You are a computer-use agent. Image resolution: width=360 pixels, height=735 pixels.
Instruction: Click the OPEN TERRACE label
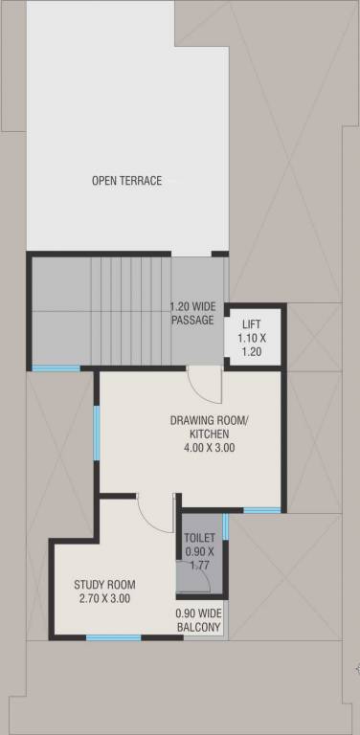click(126, 181)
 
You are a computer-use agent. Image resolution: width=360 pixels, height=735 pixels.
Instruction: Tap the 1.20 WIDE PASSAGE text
click(192, 314)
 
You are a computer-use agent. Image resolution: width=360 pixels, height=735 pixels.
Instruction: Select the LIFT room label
click(251, 325)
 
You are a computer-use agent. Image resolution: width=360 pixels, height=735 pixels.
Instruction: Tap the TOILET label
click(199, 538)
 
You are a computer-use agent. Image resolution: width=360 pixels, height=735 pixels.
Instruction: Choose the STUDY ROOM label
click(104, 585)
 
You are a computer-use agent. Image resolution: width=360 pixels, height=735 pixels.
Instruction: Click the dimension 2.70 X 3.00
click(104, 598)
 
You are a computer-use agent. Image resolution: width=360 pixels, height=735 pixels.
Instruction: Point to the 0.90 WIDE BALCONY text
click(198, 621)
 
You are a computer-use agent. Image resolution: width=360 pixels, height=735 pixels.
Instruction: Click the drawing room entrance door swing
click(203, 386)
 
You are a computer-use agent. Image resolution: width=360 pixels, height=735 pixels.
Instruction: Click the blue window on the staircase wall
click(56, 368)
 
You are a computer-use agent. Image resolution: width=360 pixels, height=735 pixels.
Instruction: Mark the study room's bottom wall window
click(113, 637)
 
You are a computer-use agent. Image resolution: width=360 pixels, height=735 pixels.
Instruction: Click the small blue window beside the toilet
click(225, 525)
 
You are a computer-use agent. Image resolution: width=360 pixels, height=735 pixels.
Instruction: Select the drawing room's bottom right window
click(261, 510)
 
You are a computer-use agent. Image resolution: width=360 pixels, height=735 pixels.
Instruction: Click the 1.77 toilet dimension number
click(200, 566)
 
